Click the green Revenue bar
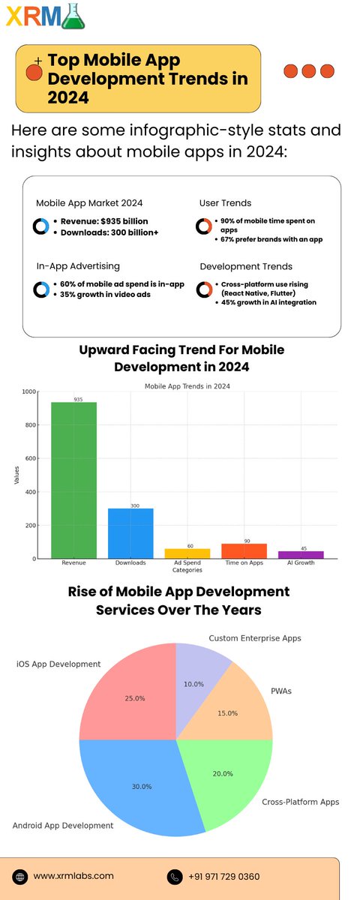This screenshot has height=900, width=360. click(73, 480)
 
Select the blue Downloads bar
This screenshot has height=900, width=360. click(130, 533)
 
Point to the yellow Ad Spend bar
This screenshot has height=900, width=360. click(187, 553)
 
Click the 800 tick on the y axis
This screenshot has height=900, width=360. click(29, 425)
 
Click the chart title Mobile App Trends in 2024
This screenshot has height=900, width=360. click(187, 385)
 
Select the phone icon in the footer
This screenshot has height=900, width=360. click(174, 876)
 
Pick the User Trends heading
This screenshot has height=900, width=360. click(226, 202)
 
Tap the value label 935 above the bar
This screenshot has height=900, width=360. click(78, 399)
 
